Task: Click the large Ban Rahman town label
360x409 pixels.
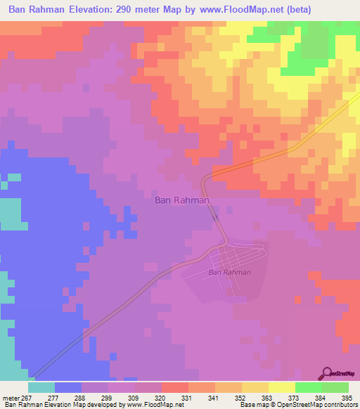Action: [x=181, y=200]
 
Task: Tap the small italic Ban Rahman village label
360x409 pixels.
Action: [x=230, y=273]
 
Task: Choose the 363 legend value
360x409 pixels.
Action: [x=268, y=398]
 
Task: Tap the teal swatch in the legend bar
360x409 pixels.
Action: [x=41, y=387]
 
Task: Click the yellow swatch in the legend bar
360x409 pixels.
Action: [x=282, y=387]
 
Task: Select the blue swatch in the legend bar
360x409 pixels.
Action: [x=68, y=387]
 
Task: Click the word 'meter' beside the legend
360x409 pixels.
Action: [x=9, y=398]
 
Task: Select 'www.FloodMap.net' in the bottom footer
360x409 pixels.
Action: [x=150, y=405]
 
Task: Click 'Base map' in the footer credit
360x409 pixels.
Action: [x=253, y=405]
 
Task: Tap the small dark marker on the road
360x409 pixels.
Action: [x=215, y=219]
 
